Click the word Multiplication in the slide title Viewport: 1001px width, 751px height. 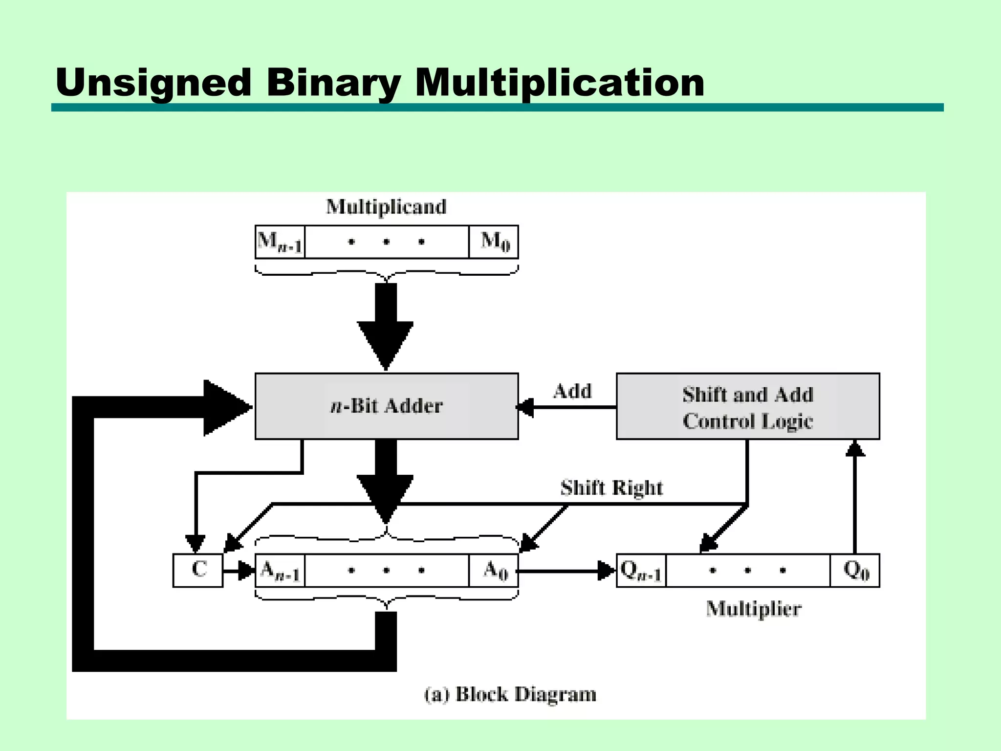[560, 82]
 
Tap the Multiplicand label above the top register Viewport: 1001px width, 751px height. [386, 207]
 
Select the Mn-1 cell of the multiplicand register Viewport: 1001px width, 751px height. [280, 242]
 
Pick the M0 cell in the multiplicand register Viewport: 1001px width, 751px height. [494, 242]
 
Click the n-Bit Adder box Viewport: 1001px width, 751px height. [386, 406]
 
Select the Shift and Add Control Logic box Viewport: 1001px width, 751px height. [748, 406]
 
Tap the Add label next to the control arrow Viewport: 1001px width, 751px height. [572, 391]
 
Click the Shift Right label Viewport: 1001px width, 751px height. [611, 488]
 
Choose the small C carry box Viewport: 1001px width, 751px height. [198, 570]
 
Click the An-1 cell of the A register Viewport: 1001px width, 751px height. [280, 570]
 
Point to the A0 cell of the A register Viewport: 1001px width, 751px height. [494, 570]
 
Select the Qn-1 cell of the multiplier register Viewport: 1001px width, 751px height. [641, 570]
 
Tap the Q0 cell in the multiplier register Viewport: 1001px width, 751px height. [855, 570]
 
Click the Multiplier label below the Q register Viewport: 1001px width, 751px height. [753, 609]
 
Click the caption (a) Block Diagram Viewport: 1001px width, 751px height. [510, 694]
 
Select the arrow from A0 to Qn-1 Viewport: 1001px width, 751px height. [567, 571]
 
